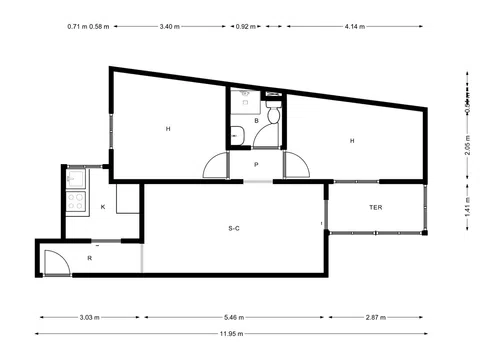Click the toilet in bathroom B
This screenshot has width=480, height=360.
pyautogui.click(x=272, y=134)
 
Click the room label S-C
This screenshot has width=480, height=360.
pyautogui.click(x=233, y=228)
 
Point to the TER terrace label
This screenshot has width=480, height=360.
pyautogui.click(x=376, y=207)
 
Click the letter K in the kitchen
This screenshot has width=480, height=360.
pyautogui.click(x=103, y=207)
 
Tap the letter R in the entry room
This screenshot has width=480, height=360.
pyautogui.click(x=90, y=258)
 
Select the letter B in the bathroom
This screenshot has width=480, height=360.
pyautogui.click(x=257, y=120)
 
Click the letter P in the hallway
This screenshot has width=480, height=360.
pyautogui.click(x=256, y=164)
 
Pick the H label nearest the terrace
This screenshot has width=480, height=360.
pyautogui.click(x=352, y=141)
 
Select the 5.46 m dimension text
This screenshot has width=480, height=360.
pyautogui.click(x=232, y=317)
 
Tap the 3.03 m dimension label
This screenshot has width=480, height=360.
pyautogui.click(x=89, y=317)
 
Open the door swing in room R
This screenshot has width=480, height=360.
pyautogui.click(x=55, y=262)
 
